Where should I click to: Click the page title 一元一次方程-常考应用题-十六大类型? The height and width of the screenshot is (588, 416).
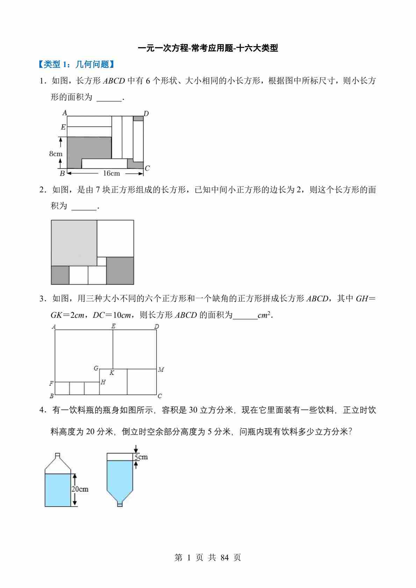point(208,48)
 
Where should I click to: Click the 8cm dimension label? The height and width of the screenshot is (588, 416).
point(56,153)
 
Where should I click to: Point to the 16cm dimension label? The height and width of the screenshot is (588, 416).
point(112,173)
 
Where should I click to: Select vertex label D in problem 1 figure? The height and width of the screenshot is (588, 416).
point(146,113)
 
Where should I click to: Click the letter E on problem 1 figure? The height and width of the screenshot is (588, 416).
point(63,127)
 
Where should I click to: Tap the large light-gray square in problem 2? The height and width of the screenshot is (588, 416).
point(74,243)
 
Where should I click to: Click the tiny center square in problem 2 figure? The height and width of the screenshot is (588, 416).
point(101,261)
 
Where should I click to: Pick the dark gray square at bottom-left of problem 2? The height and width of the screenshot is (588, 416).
point(60,275)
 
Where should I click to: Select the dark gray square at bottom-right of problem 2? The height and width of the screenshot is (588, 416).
point(120,271)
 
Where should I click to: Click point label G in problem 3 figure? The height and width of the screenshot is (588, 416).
point(96,368)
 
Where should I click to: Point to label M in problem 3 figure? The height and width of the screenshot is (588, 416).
point(161,370)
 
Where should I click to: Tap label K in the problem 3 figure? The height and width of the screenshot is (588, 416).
point(112,373)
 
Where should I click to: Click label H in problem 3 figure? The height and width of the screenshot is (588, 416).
point(103,382)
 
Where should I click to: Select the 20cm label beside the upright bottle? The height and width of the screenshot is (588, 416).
point(80,489)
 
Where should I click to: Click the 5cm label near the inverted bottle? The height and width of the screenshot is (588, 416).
point(141,457)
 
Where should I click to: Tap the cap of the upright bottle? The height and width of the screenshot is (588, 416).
point(58,455)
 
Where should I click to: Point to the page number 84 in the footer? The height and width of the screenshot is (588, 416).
point(225,558)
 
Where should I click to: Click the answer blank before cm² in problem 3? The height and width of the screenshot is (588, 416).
point(245,315)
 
